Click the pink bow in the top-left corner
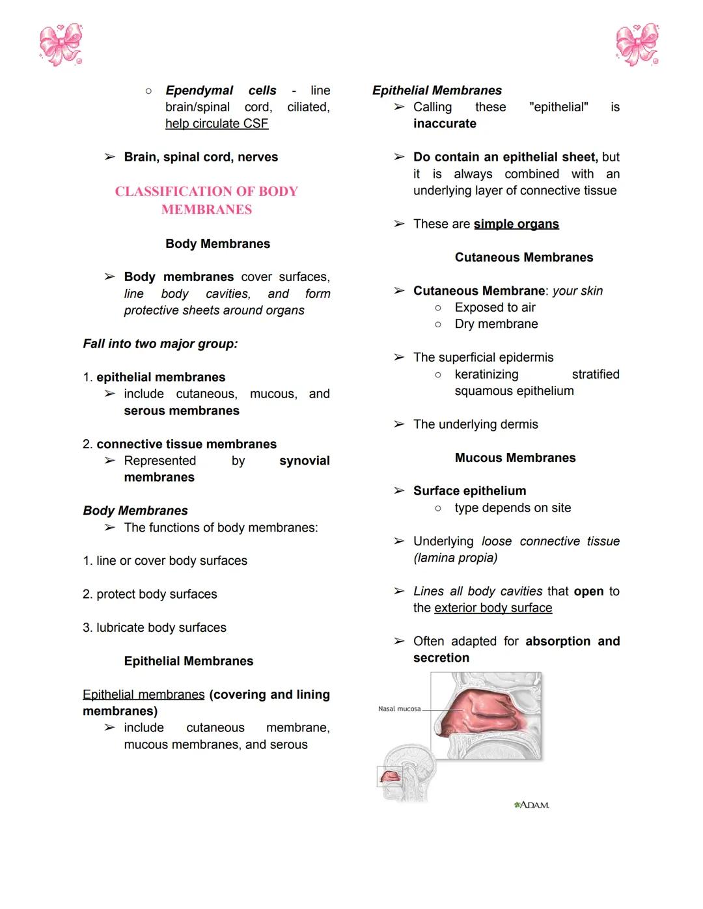(x=61, y=45)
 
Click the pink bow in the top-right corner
(x=637, y=45)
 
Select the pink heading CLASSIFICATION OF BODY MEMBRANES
(x=206, y=200)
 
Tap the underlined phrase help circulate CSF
(x=217, y=124)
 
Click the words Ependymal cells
(x=221, y=90)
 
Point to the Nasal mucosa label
(x=399, y=709)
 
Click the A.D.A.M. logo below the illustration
(x=532, y=806)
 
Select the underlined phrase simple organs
(x=516, y=224)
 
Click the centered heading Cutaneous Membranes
(x=524, y=258)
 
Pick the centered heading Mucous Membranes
(x=515, y=458)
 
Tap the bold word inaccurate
(x=445, y=124)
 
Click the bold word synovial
(x=304, y=461)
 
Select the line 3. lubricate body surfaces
(x=155, y=628)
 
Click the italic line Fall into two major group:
(x=160, y=344)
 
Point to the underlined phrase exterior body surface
(x=493, y=608)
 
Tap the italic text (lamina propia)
(x=455, y=558)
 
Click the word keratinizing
(x=486, y=375)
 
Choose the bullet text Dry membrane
(x=496, y=324)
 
